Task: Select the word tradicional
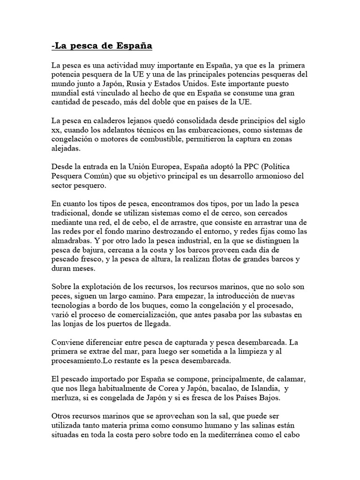coord(71,213)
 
